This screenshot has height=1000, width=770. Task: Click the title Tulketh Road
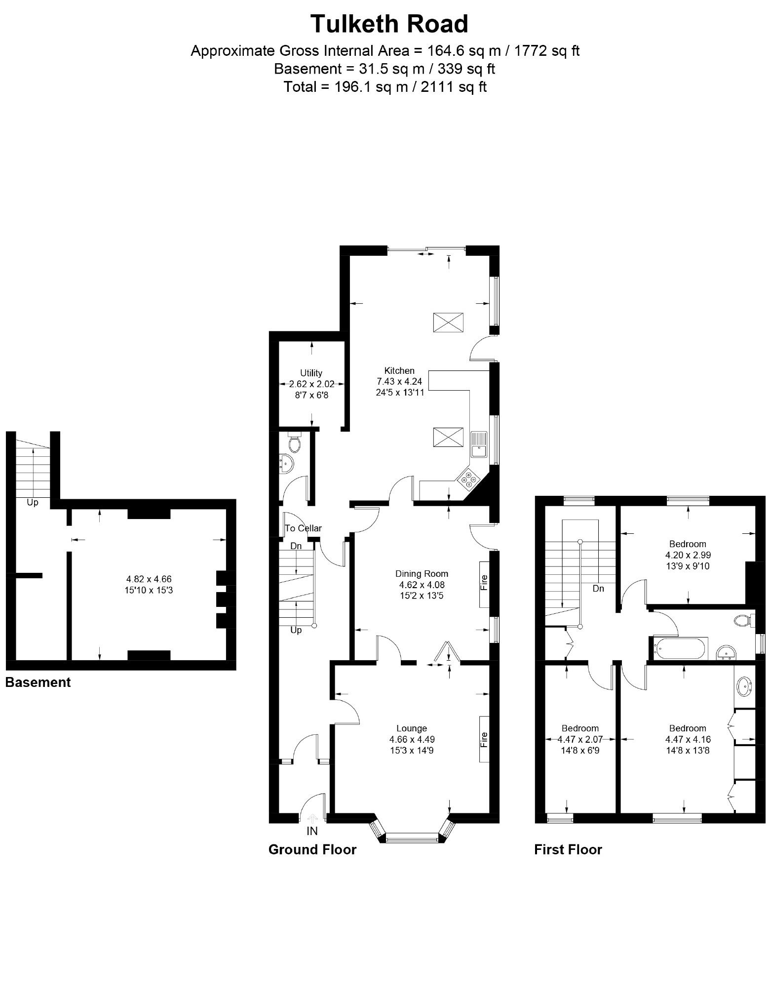[389, 24]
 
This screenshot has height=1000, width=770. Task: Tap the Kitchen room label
[399, 370]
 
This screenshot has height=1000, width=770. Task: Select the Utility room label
[311, 373]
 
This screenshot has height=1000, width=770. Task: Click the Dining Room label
[422, 573]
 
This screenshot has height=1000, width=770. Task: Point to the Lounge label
[412, 728]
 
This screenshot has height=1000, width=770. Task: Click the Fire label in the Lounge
[484, 739]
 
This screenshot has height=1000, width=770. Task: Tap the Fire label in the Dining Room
[484, 583]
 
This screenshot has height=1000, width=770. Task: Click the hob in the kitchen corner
[468, 479]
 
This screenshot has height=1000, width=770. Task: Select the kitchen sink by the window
[478, 444]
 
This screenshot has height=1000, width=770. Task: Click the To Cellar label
[303, 528]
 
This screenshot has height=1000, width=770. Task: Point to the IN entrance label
[312, 831]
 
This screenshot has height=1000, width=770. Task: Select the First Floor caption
[568, 849]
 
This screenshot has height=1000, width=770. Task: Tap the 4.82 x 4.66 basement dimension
[149, 579]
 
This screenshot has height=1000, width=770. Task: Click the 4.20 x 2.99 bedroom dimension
[688, 555]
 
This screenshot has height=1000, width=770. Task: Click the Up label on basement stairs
[32, 502]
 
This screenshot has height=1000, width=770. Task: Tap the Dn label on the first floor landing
[598, 588]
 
